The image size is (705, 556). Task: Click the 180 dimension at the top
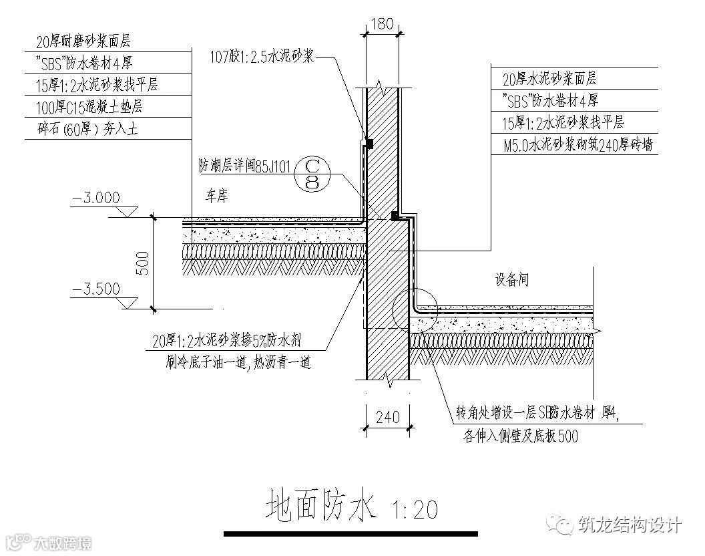[x=381, y=23]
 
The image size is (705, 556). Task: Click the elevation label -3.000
[x=97, y=197]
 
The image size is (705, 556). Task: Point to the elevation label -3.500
[x=97, y=289]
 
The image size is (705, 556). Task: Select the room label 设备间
[x=511, y=280]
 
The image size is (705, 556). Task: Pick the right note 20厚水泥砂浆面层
[x=549, y=79]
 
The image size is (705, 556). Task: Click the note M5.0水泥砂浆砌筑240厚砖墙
[x=577, y=144]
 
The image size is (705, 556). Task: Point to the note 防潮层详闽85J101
[x=244, y=166]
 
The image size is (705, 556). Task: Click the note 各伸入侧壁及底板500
[x=520, y=436]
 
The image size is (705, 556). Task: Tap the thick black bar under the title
[x=351, y=534]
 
